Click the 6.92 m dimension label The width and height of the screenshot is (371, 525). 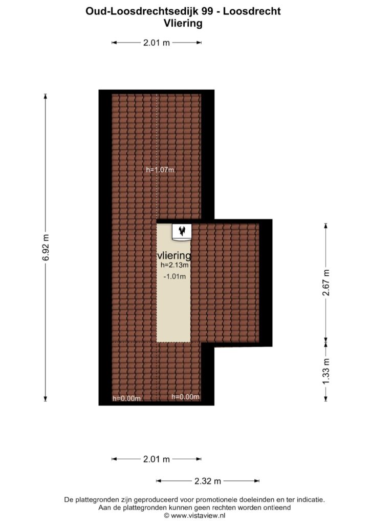pyautogui.click(x=46, y=247)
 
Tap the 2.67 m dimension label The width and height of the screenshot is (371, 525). pyautogui.click(x=326, y=282)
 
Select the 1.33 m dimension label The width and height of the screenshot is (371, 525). pyautogui.click(x=326, y=371)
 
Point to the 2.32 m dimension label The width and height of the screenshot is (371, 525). pyautogui.click(x=208, y=481)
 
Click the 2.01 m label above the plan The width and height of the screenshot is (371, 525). pyautogui.click(x=157, y=43)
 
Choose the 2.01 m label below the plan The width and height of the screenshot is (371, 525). pyautogui.click(x=157, y=459)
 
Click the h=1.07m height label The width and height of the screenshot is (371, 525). pyautogui.click(x=160, y=170)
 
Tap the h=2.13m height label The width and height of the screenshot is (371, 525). pyautogui.click(x=174, y=265)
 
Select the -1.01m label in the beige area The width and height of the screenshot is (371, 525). pyautogui.click(x=174, y=276)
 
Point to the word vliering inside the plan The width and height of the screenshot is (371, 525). pyautogui.click(x=174, y=255)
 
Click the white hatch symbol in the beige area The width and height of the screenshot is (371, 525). pyautogui.click(x=182, y=232)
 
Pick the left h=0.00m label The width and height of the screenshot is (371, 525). pyautogui.click(x=126, y=398)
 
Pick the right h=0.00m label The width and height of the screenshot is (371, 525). pyautogui.click(x=185, y=397)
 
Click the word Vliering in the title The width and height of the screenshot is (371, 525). pyautogui.click(x=183, y=23)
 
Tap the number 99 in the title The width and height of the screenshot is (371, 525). pyautogui.click(x=207, y=11)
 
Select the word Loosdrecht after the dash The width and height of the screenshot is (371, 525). pyautogui.click(x=252, y=11)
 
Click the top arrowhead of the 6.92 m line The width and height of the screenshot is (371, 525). pyautogui.click(x=46, y=96)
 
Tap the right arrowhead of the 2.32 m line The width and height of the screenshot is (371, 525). pyautogui.click(x=257, y=481)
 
